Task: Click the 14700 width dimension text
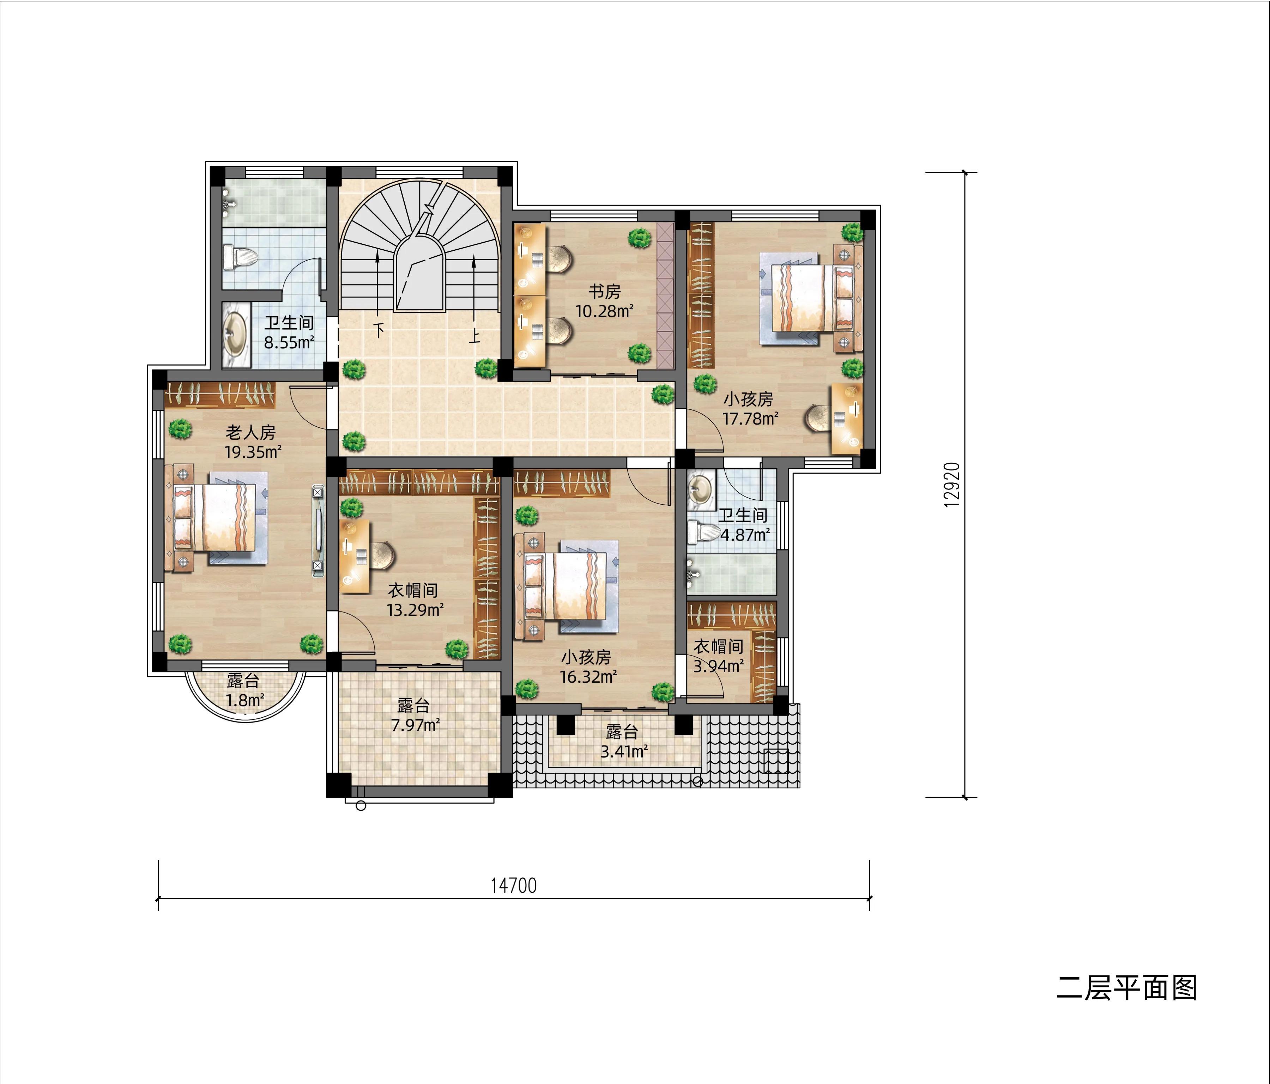(x=514, y=885)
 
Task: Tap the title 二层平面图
(x=1126, y=988)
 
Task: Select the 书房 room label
(x=604, y=291)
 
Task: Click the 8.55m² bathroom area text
(x=289, y=342)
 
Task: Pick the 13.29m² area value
(x=415, y=610)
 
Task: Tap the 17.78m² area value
(x=750, y=419)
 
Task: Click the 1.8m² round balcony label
(x=244, y=700)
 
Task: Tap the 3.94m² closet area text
(x=718, y=665)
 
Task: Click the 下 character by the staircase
(x=379, y=330)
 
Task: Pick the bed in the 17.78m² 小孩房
(x=808, y=297)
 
